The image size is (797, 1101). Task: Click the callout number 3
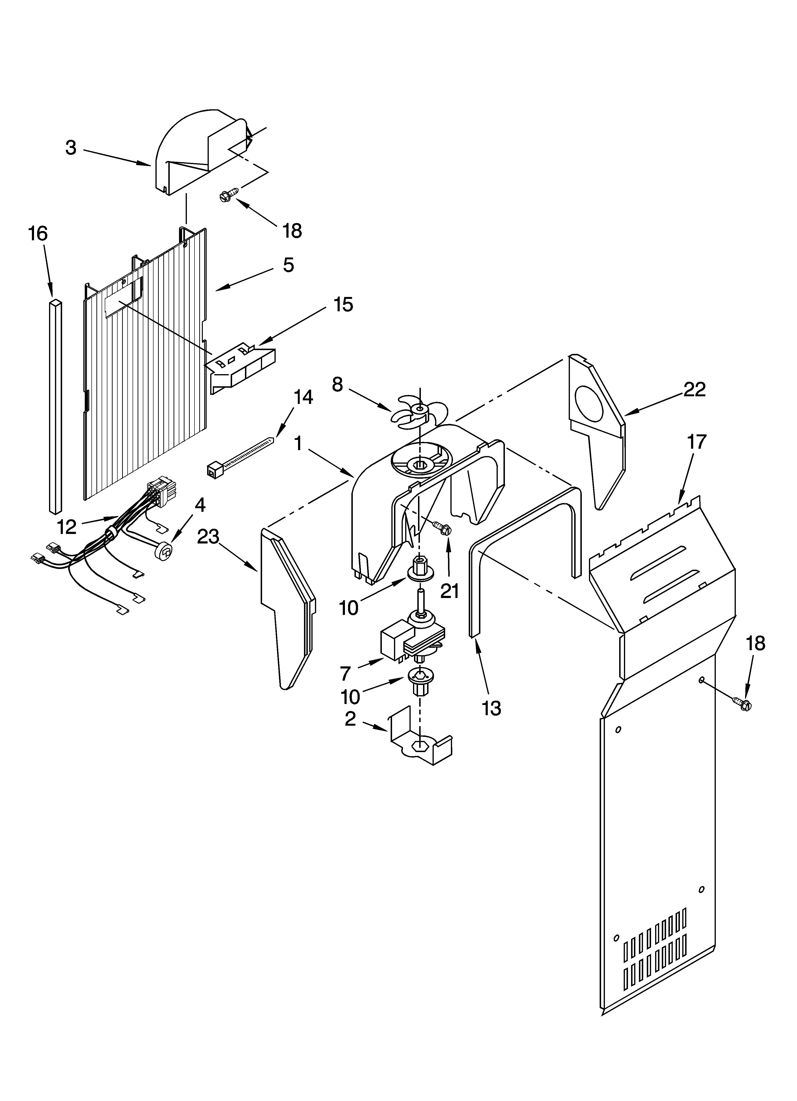(x=71, y=148)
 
